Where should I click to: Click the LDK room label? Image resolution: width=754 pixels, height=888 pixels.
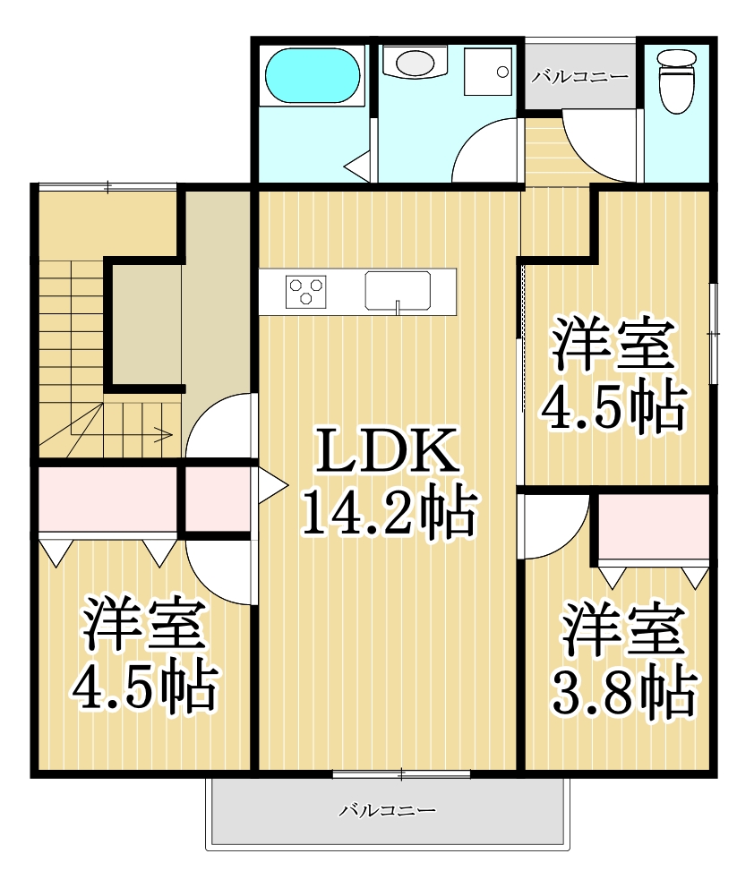point(388,452)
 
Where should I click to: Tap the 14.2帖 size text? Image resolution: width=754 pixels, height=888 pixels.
point(387,512)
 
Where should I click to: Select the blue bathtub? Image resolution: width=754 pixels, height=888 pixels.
point(313,77)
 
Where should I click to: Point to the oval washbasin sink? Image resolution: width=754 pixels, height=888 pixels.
point(414,63)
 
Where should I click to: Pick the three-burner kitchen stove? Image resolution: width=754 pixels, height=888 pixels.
point(306,292)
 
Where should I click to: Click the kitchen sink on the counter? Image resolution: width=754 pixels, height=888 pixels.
point(398,290)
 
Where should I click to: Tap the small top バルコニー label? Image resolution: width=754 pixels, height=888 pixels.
point(580,77)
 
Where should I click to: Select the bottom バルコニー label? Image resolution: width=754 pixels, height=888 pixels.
point(387,811)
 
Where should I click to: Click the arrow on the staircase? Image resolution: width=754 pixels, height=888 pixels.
point(164,436)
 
